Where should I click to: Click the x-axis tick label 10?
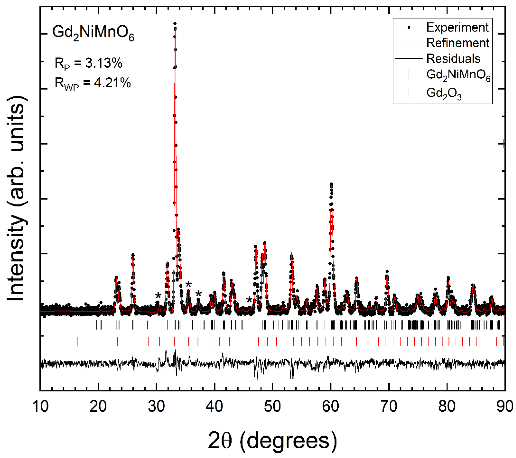pos(40,407)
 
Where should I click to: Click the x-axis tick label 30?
pos(157,407)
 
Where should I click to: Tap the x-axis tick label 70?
pos(389,407)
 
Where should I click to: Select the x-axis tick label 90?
pos(504,407)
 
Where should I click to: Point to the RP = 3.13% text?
pos(88,63)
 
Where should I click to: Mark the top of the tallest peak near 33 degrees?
pos(175,24)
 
